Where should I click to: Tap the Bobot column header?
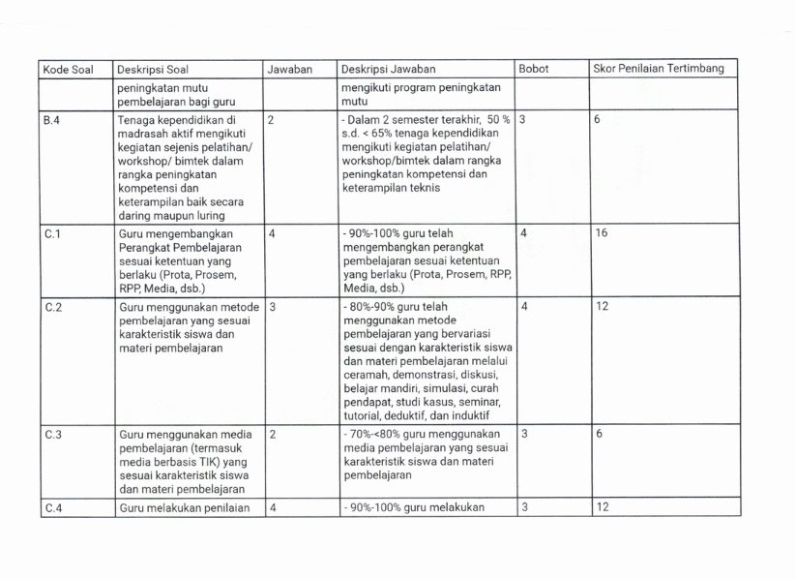click(x=534, y=70)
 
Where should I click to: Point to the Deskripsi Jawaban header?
click(x=388, y=70)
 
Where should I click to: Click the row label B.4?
click(x=52, y=121)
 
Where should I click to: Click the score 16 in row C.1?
click(x=603, y=234)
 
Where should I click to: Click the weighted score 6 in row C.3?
click(x=599, y=434)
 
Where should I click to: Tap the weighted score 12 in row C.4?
click(x=602, y=507)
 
